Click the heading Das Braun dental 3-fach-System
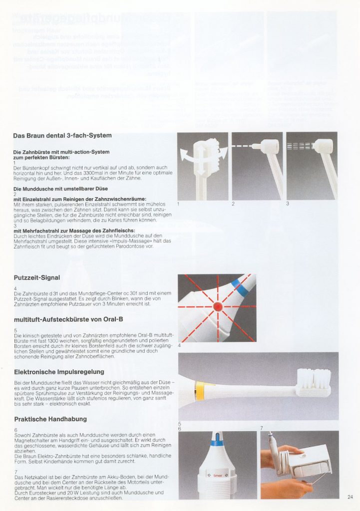click(x=62, y=135)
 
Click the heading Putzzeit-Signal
click(x=36, y=277)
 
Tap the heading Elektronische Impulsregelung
click(x=59, y=371)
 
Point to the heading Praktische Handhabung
click(x=50, y=419)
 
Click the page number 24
click(x=350, y=497)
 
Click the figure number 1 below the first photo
click(x=179, y=204)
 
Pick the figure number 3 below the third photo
click(x=288, y=204)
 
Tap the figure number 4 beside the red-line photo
click(x=179, y=345)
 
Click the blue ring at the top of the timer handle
click(x=216, y=442)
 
